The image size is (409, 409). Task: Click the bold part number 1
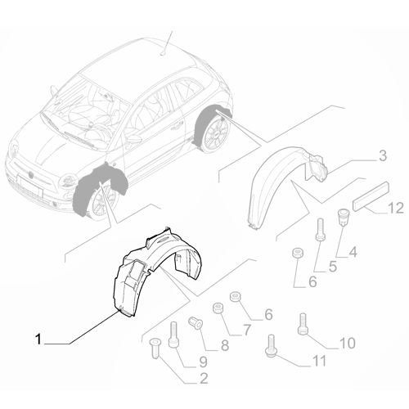coord(38,336)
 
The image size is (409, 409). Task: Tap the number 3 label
coord(359,155)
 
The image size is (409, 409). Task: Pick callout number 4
coord(353,253)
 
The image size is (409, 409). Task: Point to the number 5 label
coord(333,266)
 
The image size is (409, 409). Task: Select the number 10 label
coord(347,342)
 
